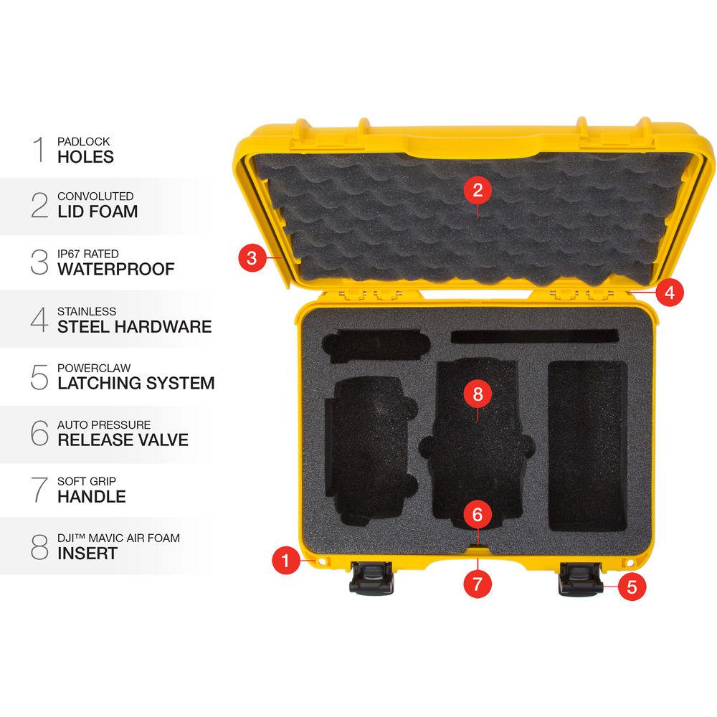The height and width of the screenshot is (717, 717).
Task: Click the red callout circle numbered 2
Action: click(478, 191)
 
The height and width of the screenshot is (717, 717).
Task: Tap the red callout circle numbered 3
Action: click(251, 257)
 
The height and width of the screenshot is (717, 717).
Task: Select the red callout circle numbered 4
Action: click(669, 293)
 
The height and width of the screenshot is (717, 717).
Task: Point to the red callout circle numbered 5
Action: click(632, 586)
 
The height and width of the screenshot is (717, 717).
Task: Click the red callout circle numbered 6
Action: click(478, 514)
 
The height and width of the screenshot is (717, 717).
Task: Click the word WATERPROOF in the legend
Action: click(115, 270)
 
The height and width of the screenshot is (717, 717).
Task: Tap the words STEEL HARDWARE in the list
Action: click(135, 327)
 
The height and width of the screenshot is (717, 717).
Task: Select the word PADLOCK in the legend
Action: click(84, 141)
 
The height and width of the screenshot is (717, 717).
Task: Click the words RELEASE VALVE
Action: click(123, 440)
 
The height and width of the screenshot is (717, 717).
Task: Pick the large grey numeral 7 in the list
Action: click(39, 489)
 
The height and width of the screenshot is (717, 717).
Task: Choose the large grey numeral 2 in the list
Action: click(39, 205)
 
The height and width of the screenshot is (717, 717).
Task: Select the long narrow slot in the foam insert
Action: click(535, 336)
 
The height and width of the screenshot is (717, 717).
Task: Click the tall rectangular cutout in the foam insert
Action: click(587, 446)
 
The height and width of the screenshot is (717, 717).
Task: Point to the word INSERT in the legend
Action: click(87, 553)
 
